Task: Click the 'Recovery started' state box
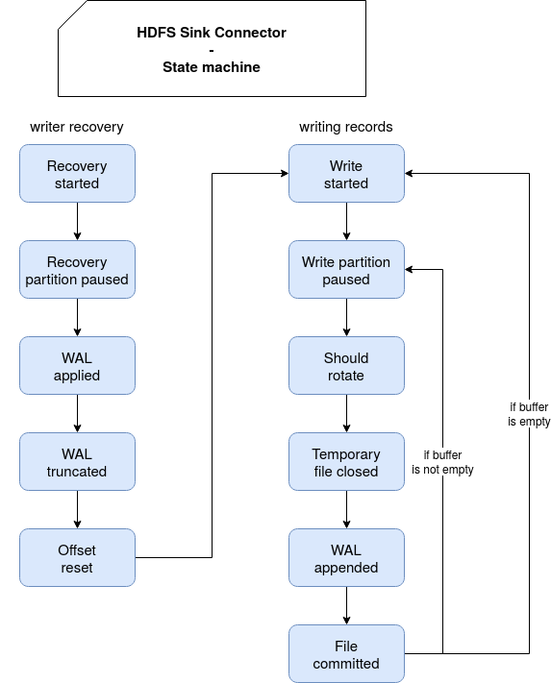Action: (x=77, y=173)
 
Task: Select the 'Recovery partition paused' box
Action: (x=77, y=270)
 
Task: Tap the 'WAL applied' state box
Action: (x=77, y=365)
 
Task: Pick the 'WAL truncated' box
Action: (x=77, y=462)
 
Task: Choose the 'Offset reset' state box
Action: (x=77, y=557)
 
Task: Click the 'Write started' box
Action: (x=346, y=173)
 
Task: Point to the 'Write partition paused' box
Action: (x=346, y=270)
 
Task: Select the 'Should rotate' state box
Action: (x=346, y=365)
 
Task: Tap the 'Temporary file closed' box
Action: (x=346, y=462)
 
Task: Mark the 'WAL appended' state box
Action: (x=346, y=557)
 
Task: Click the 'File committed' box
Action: (x=346, y=654)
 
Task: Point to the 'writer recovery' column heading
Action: (x=77, y=127)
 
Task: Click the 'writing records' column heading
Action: (x=346, y=127)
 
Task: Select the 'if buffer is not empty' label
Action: (x=442, y=462)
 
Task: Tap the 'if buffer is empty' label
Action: (x=529, y=414)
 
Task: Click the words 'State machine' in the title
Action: (x=212, y=67)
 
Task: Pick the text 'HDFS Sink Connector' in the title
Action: (x=212, y=33)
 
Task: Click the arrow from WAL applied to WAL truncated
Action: (x=78, y=413)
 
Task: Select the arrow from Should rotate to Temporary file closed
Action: (x=346, y=413)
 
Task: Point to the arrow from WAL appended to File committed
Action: (x=346, y=605)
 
